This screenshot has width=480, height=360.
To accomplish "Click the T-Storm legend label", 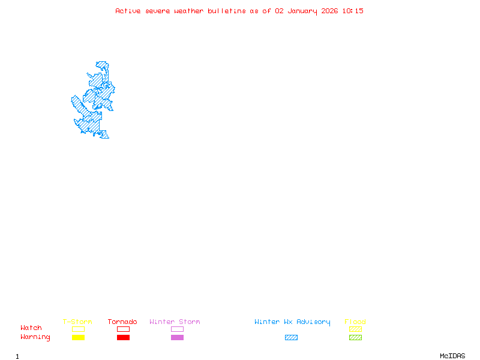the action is pyautogui.click(x=77, y=322).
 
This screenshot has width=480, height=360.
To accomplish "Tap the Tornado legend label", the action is pyautogui.click(x=122, y=322).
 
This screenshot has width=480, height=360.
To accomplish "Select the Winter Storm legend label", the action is pyautogui.click(x=175, y=322).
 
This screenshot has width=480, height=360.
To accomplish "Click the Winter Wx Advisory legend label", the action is pyautogui.click(x=292, y=322).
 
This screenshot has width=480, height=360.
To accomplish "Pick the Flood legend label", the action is pyautogui.click(x=355, y=322).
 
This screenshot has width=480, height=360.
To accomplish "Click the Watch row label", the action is pyautogui.click(x=31, y=328).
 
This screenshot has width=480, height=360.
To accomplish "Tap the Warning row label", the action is pyautogui.click(x=35, y=337).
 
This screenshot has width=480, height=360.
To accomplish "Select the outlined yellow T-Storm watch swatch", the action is pyautogui.click(x=78, y=329).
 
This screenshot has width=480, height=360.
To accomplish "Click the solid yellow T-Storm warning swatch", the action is pyautogui.click(x=78, y=338).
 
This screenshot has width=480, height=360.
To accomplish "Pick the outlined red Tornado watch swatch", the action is pyautogui.click(x=123, y=329).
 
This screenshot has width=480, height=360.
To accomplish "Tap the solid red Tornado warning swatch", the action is pyautogui.click(x=123, y=338).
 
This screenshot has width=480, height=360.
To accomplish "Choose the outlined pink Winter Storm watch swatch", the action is pyautogui.click(x=177, y=329).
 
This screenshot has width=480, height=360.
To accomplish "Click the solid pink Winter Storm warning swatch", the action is pyautogui.click(x=177, y=338).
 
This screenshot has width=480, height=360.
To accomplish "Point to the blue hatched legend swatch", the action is pyautogui.click(x=291, y=338).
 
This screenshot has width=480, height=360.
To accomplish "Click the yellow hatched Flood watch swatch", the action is pyautogui.click(x=355, y=329).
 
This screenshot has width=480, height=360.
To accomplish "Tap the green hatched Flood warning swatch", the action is pyautogui.click(x=355, y=338).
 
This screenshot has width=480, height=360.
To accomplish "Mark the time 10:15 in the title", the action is pyautogui.click(x=353, y=11).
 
